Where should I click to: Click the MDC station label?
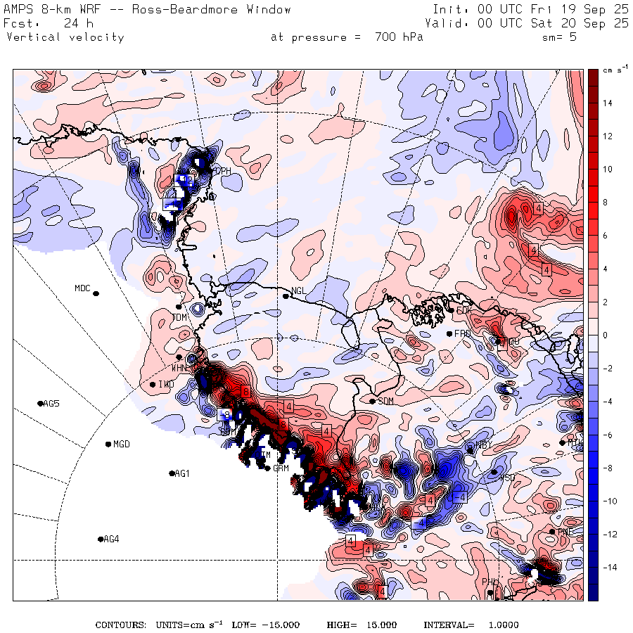tap(82, 288)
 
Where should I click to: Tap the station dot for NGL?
tap(286, 296)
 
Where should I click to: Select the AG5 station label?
tap(51, 404)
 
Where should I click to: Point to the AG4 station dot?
tap(101, 539)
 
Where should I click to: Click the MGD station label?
tap(122, 445)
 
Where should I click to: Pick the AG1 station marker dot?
tap(172, 473)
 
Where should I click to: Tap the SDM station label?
tap(385, 401)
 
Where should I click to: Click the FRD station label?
tap(462, 333)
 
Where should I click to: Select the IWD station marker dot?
tap(153, 384)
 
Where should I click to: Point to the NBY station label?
tap(483, 445)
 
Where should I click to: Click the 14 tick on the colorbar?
tap(606, 103)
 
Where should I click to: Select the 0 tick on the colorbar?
tap(604, 335)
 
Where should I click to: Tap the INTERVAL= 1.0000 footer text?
tap(471, 625)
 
